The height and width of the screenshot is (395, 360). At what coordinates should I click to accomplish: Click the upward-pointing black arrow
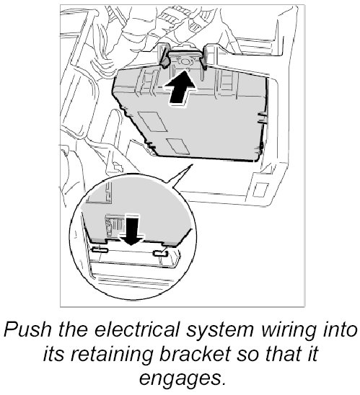pyautogui.click(x=180, y=88)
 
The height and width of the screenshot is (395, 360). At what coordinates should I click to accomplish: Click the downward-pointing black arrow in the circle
pyautogui.click(x=132, y=231)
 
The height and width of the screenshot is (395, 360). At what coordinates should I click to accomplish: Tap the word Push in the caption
pyautogui.click(x=27, y=329)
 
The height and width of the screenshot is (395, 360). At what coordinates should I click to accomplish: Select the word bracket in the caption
pyautogui.click(x=195, y=355)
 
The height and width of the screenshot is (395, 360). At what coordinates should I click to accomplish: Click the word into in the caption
pyautogui.click(x=339, y=329)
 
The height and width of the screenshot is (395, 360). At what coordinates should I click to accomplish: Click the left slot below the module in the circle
pyautogui.click(x=100, y=250)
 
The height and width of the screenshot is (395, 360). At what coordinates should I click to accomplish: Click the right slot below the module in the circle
pyautogui.click(x=161, y=254)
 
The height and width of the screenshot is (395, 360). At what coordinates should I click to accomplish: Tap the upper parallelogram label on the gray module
pyautogui.click(x=152, y=121)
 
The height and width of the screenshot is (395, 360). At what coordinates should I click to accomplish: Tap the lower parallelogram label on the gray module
pyautogui.click(x=178, y=146)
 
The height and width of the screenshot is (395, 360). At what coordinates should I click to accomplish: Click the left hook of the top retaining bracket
pyautogui.click(x=164, y=58)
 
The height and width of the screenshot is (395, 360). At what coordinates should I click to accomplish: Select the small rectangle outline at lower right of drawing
pyautogui.click(x=260, y=190)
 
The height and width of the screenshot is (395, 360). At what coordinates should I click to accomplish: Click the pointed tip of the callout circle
pyautogui.click(x=193, y=164)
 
